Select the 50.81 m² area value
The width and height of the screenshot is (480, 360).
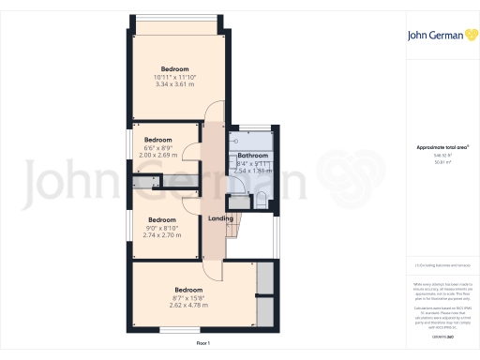coord(442,162)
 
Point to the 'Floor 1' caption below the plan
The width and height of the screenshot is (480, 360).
coord(203,344)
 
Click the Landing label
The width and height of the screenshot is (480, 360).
coord(220,218)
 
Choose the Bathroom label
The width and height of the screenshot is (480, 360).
coord(252,156)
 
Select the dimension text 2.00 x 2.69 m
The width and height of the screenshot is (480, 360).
coord(157,156)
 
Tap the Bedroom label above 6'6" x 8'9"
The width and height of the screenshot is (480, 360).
coord(157,140)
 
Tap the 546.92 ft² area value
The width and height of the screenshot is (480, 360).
coord(442,156)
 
